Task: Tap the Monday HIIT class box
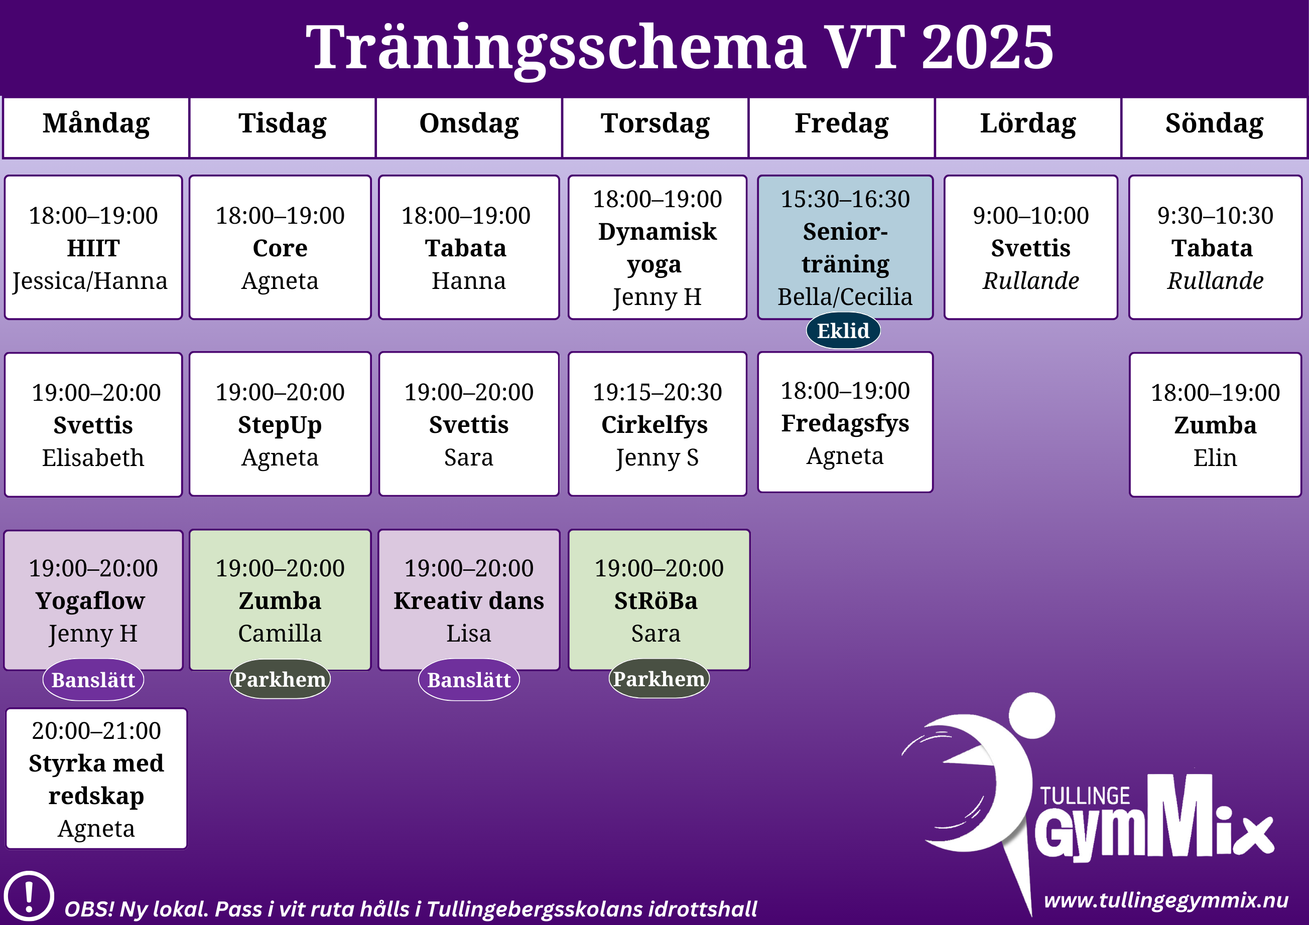pyautogui.click(x=93, y=247)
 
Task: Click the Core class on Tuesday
pyautogui.click(x=280, y=247)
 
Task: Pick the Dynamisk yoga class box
pyautogui.click(x=658, y=247)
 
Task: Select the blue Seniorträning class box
pyautogui.click(x=845, y=247)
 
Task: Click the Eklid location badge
pyautogui.click(x=843, y=331)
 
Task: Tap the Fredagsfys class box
pyautogui.click(x=845, y=422)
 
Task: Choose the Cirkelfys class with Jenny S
pyautogui.click(x=658, y=424)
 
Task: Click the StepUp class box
pyautogui.click(x=280, y=424)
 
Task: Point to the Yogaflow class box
pyautogui.click(x=93, y=600)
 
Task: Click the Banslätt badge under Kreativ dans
pyautogui.click(x=469, y=680)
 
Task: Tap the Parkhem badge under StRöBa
pyautogui.click(x=659, y=679)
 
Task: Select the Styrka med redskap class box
pyautogui.click(x=96, y=779)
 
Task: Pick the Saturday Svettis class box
pyautogui.click(x=1031, y=247)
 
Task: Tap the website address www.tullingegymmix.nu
pyautogui.click(x=1166, y=901)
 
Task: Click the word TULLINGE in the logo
pyautogui.click(x=1085, y=796)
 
